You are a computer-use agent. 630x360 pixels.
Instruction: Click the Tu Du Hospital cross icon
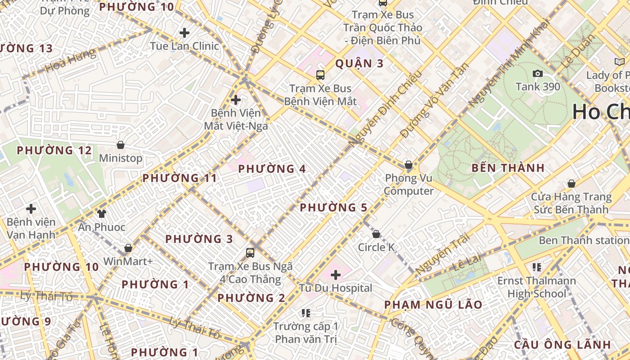pyautogui.click(x=335, y=274)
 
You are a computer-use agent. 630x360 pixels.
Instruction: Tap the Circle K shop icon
pyautogui.click(x=376, y=234)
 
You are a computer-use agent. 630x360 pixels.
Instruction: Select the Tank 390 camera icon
pyautogui.click(x=537, y=73)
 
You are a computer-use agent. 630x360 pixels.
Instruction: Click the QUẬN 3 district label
pyautogui.click(x=360, y=63)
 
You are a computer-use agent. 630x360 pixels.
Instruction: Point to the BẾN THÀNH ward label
pyautogui.click(x=508, y=168)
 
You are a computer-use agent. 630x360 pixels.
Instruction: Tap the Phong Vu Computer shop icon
pyautogui.click(x=409, y=165)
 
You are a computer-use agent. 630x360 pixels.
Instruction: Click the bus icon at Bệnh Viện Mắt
pyautogui.click(x=320, y=75)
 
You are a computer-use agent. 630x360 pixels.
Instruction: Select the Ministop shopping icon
pyautogui.click(x=120, y=145)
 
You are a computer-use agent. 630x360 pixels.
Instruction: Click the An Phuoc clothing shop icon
pyautogui.click(x=101, y=213)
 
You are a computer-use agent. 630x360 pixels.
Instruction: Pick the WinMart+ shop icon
pyautogui.click(x=128, y=248)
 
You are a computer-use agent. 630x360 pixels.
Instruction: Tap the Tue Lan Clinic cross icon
pyautogui.click(x=184, y=33)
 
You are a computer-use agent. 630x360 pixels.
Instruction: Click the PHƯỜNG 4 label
pyautogui.click(x=272, y=169)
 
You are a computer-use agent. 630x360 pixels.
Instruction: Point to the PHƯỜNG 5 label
pyautogui.click(x=333, y=208)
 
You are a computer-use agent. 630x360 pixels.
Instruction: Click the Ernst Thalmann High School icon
pyautogui.click(x=536, y=267)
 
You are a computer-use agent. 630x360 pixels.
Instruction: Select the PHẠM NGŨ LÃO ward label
pyautogui.click(x=433, y=305)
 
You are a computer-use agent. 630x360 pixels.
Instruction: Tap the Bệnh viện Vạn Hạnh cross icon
pyautogui.click(x=31, y=209)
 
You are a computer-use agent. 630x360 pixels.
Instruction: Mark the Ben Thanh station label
pyautogui.click(x=584, y=240)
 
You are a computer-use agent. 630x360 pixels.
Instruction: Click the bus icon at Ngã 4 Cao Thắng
pyautogui.click(x=250, y=252)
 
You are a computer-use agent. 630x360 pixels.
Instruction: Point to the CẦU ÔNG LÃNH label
pyautogui.click(x=562, y=345)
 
